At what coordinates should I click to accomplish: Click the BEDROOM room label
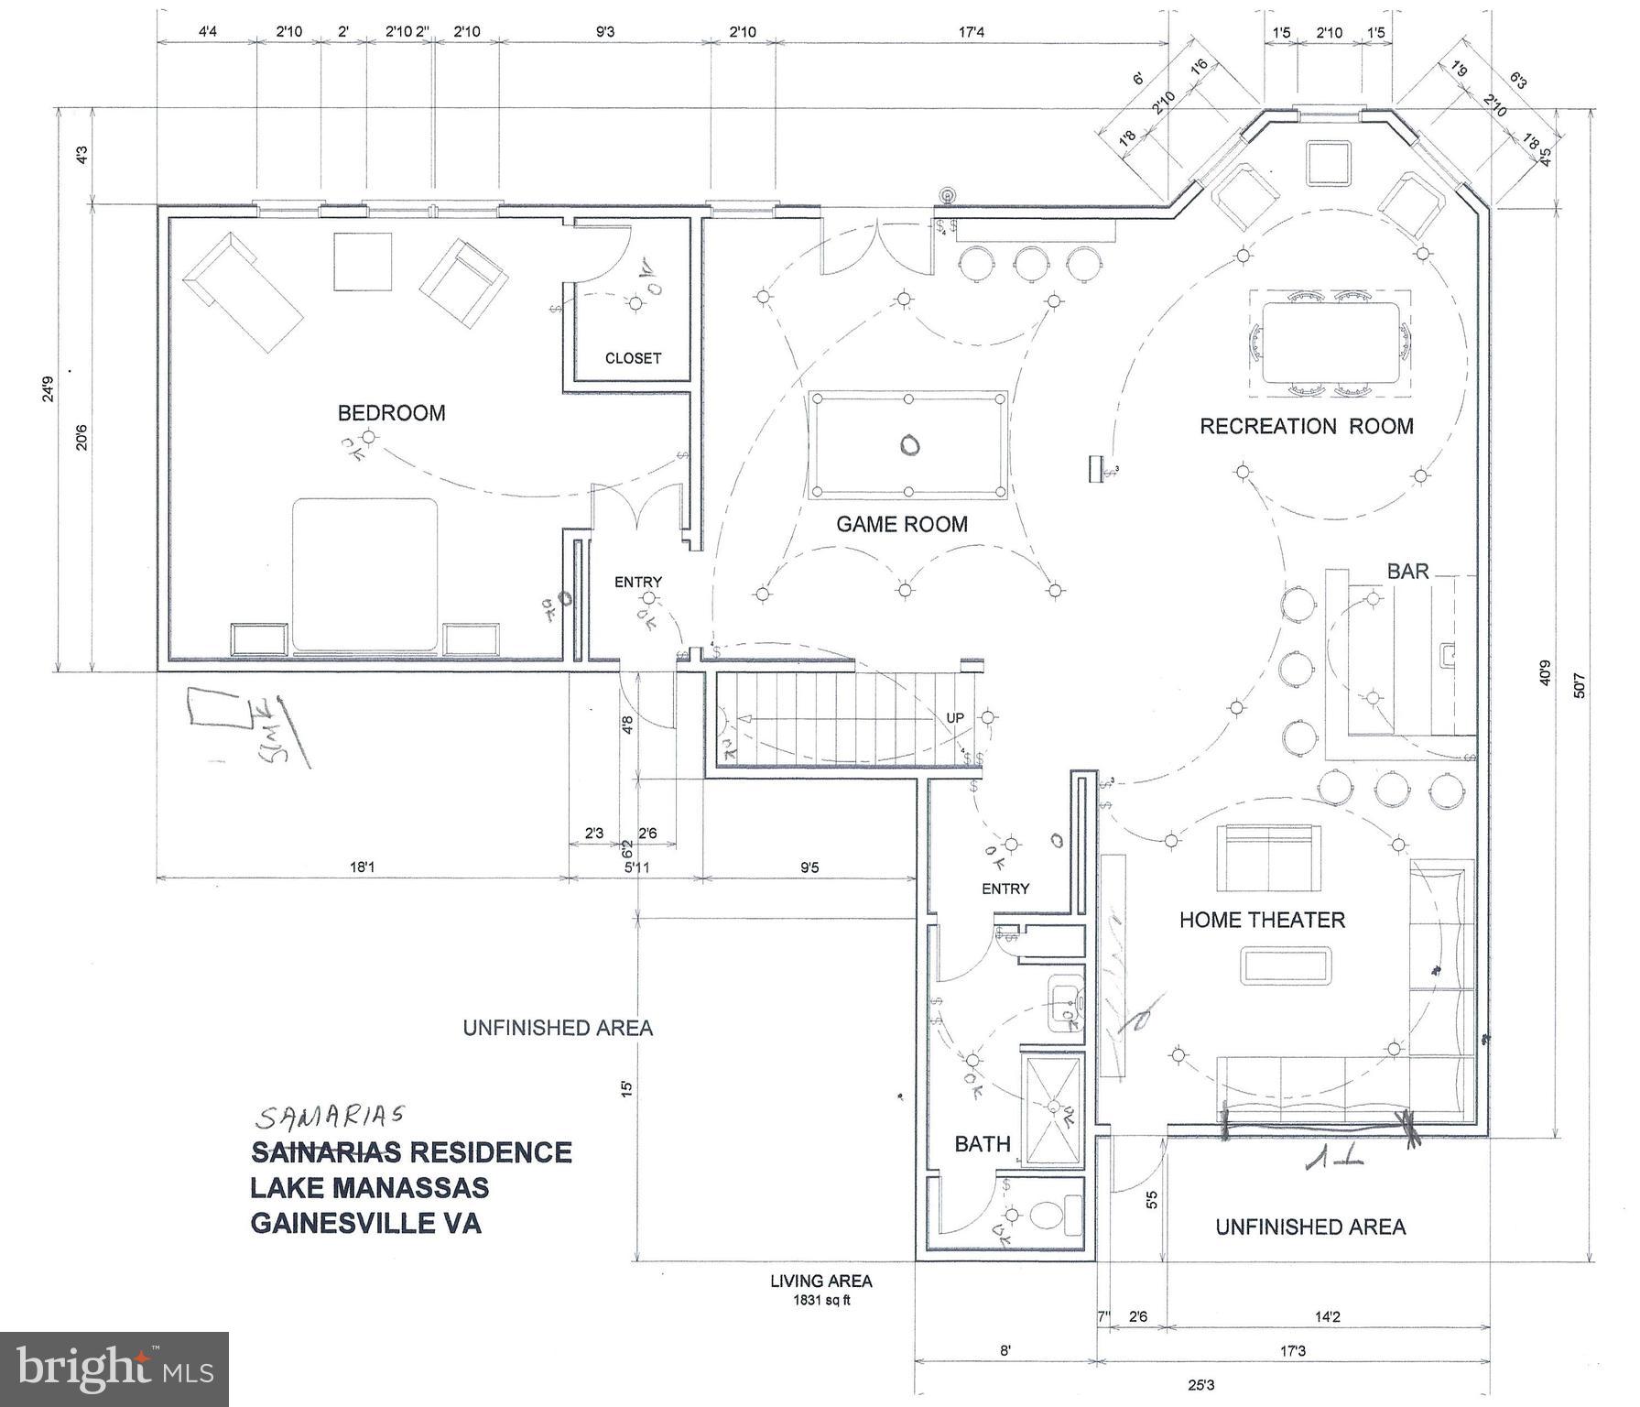(x=391, y=413)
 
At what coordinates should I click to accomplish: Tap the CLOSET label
(x=633, y=358)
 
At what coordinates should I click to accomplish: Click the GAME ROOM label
(x=902, y=524)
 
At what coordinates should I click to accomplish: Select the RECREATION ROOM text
(x=1306, y=426)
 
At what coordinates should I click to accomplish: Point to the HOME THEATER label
(x=1262, y=920)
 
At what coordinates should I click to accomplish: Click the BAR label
(x=1407, y=572)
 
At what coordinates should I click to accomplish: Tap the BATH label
(x=983, y=1143)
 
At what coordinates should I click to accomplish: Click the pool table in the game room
(x=908, y=445)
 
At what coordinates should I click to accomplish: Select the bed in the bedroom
(x=364, y=574)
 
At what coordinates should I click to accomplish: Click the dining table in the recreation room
(x=1330, y=343)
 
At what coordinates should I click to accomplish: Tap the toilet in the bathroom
(x=1048, y=1216)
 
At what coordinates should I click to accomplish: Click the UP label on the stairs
(x=954, y=717)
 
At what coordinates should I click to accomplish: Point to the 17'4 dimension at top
(x=972, y=32)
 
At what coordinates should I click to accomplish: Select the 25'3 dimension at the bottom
(x=1202, y=1385)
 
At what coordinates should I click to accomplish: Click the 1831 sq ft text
(x=821, y=1300)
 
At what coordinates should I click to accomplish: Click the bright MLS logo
(x=114, y=1369)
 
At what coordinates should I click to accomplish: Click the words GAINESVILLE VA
(x=365, y=1223)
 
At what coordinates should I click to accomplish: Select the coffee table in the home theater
(x=1287, y=967)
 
